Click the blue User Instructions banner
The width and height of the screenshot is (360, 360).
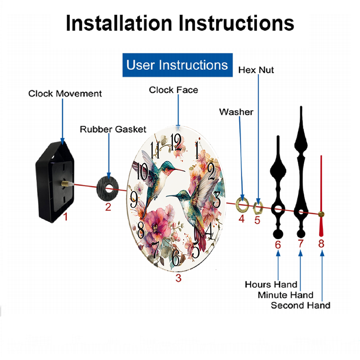coord(177,65)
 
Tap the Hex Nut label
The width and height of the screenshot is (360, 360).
coord(256,70)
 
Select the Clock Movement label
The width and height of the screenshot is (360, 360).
coord(65,94)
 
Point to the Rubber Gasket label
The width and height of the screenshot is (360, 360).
coord(113,129)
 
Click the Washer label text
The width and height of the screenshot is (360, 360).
coord(236,112)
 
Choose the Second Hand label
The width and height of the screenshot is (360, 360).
coord(301,305)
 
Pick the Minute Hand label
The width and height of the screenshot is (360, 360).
coord(285,295)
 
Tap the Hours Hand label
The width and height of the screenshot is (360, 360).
coord(271,284)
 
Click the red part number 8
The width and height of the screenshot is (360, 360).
coord(321,244)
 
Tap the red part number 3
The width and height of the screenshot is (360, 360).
coord(179,278)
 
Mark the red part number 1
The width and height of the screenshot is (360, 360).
coord(66,217)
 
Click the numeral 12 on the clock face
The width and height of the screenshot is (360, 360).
coord(176,142)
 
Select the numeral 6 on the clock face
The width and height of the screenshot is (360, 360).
coord(176,257)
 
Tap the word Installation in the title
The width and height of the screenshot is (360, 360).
coord(119,23)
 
